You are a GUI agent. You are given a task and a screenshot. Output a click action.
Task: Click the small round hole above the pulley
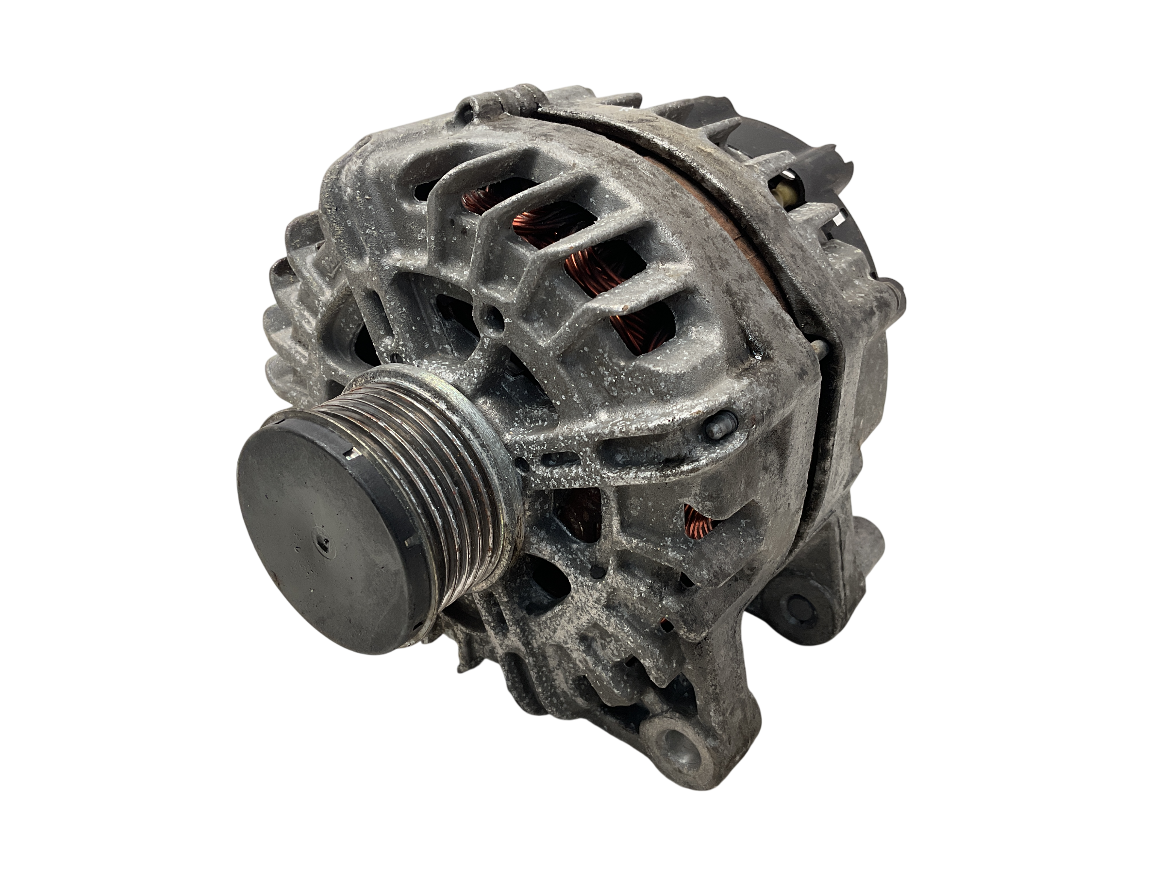click(494, 316)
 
